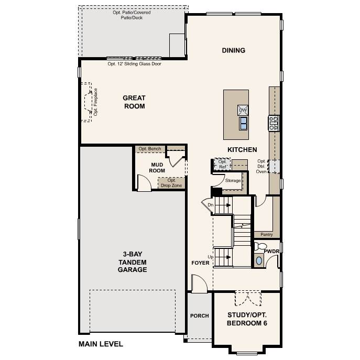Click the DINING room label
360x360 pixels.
tap(234, 50)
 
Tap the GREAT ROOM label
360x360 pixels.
tap(134, 102)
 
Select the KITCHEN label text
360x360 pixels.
tap(242, 150)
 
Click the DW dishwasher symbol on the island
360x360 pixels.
tap(243, 110)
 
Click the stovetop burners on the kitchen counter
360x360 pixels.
tap(274, 123)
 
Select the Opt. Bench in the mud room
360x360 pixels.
tap(150, 149)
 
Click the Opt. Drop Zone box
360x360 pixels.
tap(171, 183)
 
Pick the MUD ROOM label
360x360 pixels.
tap(158, 168)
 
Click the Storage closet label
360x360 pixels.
tap(233, 180)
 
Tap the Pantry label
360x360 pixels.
tap(266, 235)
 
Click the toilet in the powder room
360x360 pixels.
tap(260, 246)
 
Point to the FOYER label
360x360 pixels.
tap(200, 263)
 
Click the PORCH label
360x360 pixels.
tap(199, 315)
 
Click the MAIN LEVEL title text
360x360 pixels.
tap(101, 344)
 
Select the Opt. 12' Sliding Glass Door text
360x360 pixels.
tap(134, 64)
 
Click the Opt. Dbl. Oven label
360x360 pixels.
tap(261, 166)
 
